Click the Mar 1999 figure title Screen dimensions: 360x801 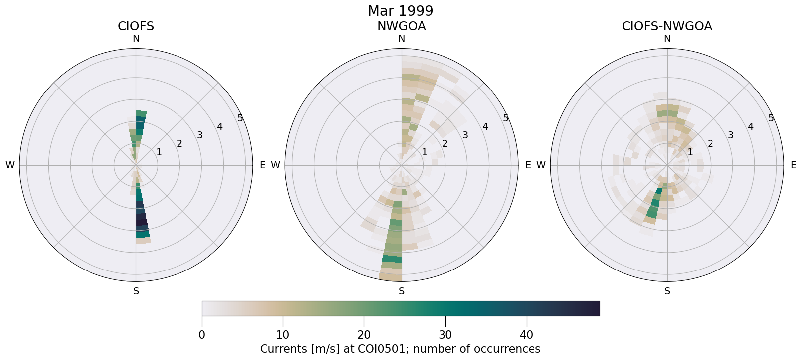(400, 11)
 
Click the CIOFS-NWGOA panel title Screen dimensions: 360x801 (667, 26)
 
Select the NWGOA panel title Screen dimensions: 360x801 (401, 26)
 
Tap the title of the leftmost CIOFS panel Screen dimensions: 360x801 (136, 26)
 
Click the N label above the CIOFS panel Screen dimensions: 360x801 (136, 39)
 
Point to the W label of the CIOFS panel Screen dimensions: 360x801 (10, 165)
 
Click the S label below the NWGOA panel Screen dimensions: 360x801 (401, 291)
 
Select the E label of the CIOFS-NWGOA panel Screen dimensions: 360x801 (793, 165)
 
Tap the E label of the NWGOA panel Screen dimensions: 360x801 (528, 165)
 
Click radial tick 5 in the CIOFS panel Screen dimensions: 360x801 (240, 118)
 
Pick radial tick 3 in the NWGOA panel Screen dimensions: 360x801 (465, 135)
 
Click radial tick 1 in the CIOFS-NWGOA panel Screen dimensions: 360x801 (690, 152)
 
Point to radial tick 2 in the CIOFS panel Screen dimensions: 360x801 (179, 144)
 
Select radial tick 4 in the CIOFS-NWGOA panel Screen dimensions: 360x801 (750, 127)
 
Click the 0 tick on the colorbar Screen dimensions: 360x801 (202, 335)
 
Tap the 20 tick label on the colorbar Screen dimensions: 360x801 (364, 335)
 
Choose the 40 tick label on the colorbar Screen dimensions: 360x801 (526, 335)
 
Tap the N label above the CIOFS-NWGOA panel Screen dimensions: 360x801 (667, 39)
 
